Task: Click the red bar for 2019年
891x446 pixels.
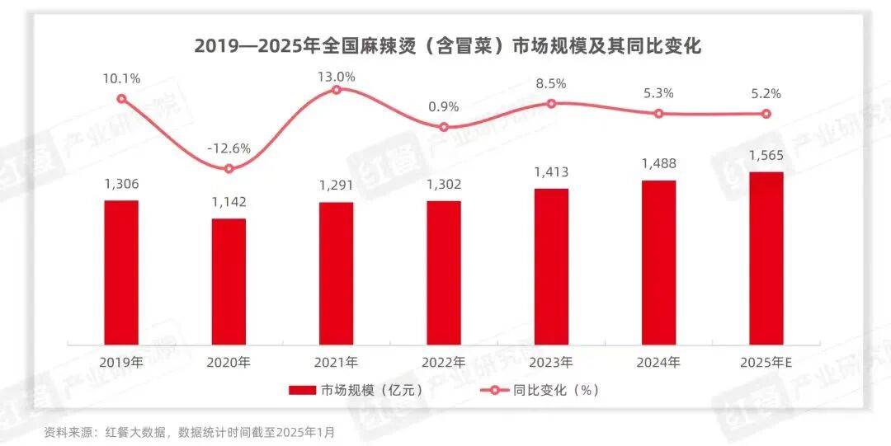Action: tap(121, 272)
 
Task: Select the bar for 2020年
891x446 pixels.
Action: tap(229, 281)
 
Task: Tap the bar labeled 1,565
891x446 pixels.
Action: tap(766, 258)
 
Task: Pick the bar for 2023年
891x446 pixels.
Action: tap(551, 266)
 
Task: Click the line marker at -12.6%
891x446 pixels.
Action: tap(229, 169)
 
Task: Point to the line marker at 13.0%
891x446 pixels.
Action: tap(336, 89)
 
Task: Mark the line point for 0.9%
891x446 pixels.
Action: tap(444, 127)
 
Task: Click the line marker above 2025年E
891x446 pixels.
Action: tap(766, 114)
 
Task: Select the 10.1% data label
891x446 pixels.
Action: tap(121, 79)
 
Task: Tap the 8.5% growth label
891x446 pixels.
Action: tap(551, 83)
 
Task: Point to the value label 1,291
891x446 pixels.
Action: tap(336, 185)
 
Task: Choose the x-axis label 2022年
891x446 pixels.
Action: tap(444, 362)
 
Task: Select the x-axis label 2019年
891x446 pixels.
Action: tap(121, 362)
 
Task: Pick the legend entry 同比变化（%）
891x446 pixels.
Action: tap(540, 390)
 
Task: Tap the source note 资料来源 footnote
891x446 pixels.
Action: tap(190, 431)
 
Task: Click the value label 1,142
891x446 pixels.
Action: tap(229, 203)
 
